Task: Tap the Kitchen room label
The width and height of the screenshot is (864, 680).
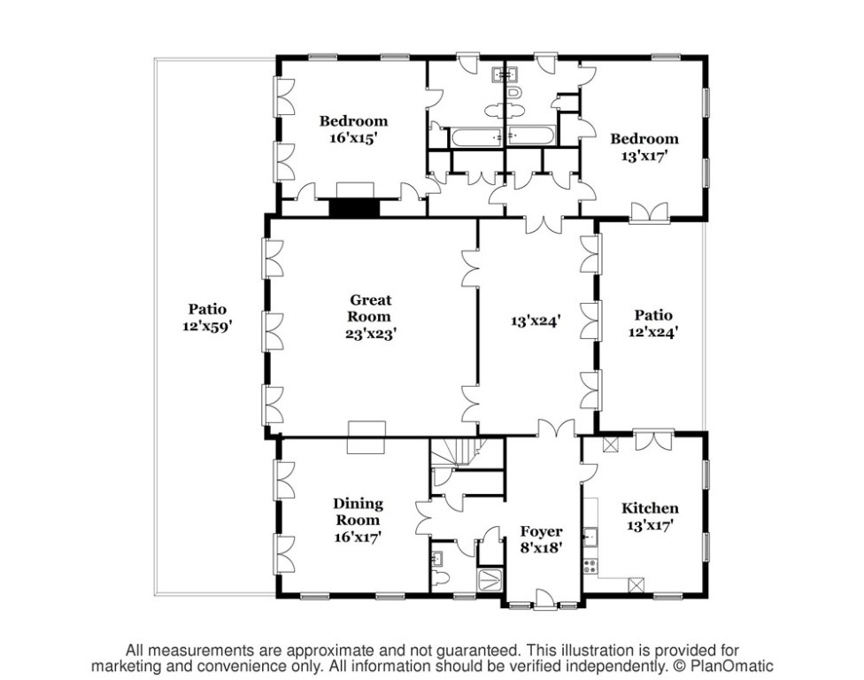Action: (x=650, y=508)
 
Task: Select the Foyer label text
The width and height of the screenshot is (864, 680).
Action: (x=541, y=531)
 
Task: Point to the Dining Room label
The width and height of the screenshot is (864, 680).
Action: (x=359, y=511)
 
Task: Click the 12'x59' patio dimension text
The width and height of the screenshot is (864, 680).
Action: (x=207, y=326)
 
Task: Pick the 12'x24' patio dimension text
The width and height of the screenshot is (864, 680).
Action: (x=653, y=332)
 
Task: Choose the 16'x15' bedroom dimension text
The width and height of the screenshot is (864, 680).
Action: (x=353, y=138)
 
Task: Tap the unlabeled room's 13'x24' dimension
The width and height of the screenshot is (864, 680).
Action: (x=536, y=322)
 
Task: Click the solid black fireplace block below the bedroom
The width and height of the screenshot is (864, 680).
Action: (x=353, y=208)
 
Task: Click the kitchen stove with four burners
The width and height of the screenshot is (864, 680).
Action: (x=590, y=565)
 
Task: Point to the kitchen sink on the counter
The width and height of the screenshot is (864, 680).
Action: (x=590, y=537)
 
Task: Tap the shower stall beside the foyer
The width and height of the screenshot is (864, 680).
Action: (x=490, y=580)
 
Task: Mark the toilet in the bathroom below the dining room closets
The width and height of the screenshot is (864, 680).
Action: (x=444, y=578)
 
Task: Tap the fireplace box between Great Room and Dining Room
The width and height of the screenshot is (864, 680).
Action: (x=366, y=437)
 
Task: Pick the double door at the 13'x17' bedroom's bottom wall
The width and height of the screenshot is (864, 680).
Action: (x=649, y=212)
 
